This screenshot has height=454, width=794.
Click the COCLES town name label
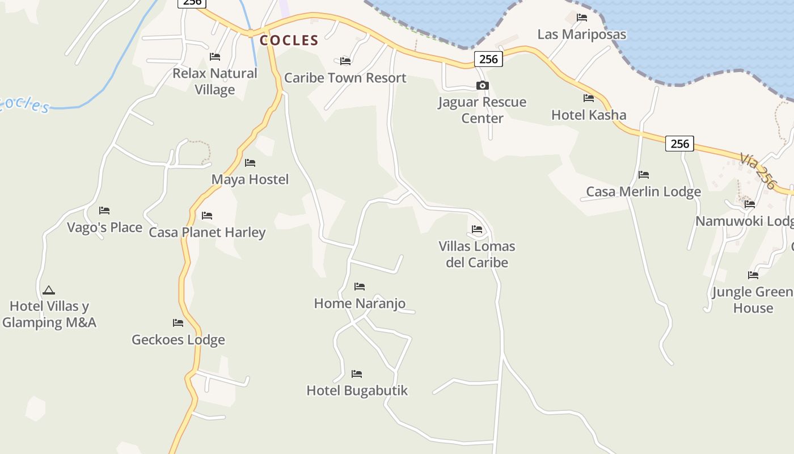289,40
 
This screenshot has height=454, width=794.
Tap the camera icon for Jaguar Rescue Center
483,86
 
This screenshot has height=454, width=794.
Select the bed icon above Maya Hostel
250,163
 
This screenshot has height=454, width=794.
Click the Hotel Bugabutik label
357,390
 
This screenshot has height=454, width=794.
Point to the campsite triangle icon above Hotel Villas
49,291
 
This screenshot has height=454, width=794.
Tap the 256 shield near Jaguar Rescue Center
488,59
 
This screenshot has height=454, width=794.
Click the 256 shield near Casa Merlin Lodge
679,144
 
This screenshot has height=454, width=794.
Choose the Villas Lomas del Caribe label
477,254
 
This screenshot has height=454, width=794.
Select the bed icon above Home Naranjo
360,287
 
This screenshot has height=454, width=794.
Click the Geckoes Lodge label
178,340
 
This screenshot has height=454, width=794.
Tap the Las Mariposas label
582,35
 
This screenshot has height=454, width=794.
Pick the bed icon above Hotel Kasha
589,98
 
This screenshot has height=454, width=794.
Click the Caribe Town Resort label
345,78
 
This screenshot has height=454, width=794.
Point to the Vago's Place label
104,228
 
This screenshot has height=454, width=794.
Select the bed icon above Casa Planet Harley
207,216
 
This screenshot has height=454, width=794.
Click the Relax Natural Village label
215,81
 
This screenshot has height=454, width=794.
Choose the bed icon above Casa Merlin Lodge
644,175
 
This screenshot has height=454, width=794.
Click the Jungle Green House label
753,300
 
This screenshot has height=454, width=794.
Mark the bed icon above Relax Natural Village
215,57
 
